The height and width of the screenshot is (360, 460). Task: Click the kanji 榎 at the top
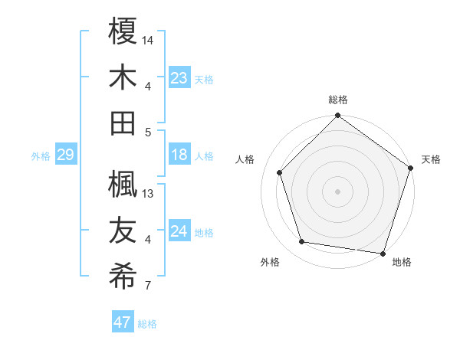[x=123, y=31]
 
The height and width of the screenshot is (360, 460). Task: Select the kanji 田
[x=123, y=123]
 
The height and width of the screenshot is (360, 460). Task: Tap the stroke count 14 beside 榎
[x=148, y=40]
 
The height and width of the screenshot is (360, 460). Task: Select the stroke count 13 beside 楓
[x=149, y=193]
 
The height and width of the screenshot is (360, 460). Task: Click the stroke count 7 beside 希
[x=148, y=286]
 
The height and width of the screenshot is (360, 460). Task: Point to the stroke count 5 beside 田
[x=148, y=132]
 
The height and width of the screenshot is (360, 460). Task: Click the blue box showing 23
[x=179, y=77]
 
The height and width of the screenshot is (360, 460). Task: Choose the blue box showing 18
[x=179, y=155]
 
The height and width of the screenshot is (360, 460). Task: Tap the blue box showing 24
[x=179, y=231]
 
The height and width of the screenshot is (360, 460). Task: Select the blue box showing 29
[x=65, y=155]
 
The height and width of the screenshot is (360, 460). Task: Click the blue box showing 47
[x=123, y=322]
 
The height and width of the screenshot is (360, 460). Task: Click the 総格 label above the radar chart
[x=337, y=100]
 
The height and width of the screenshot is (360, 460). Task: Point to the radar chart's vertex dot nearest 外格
[x=302, y=242]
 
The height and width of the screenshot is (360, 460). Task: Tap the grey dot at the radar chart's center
[x=337, y=191]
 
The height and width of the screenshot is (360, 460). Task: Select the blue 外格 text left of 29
[x=41, y=156]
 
